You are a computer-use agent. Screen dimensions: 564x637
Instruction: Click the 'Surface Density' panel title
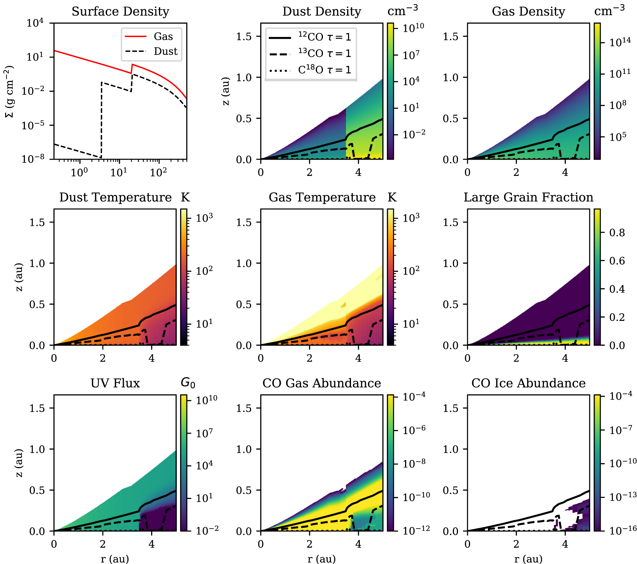[120, 11]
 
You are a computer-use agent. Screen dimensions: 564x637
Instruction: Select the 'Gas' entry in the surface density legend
[163, 36]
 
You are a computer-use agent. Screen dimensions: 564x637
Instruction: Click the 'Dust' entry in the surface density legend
[165, 51]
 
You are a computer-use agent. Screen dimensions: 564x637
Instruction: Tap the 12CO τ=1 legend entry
[325, 37]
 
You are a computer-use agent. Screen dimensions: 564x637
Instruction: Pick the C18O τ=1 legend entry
[325, 70]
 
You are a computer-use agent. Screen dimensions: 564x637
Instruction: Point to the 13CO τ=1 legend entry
[325, 53]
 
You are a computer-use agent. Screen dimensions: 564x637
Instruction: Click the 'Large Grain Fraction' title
[528, 197]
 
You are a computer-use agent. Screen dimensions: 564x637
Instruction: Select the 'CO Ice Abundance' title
[528, 383]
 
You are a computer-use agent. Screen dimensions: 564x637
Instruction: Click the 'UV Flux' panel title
[115, 383]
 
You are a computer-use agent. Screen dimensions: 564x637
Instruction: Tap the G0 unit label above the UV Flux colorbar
[188, 382]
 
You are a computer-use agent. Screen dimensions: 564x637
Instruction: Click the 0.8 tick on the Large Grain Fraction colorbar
[617, 233]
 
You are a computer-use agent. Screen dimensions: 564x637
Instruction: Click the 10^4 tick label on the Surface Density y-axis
[35, 23]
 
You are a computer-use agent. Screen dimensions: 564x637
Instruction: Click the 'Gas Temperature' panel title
[322, 197]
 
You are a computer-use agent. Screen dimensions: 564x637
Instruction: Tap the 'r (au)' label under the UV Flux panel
[115, 559]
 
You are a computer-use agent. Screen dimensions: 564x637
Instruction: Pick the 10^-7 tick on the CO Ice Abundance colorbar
[621, 430]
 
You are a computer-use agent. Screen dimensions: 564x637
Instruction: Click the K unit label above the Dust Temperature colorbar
[185, 197]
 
